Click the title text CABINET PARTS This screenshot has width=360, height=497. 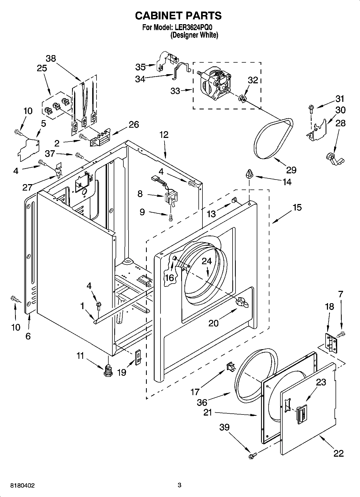(178, 16)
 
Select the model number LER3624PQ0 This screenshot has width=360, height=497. (195, 27)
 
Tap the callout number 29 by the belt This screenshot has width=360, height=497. (291, 170)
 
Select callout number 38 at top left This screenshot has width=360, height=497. (51, 58)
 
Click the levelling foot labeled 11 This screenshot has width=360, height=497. (108, 370)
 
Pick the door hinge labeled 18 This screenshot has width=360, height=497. (331, 343)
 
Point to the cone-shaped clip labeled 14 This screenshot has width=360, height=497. (249, 174)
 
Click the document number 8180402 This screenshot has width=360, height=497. (22, 485)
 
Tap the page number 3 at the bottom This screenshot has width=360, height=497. (179, 485)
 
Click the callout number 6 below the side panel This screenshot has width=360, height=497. (28, 336)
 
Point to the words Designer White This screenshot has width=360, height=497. (194, 35)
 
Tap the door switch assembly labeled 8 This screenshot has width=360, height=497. (170, 199)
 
